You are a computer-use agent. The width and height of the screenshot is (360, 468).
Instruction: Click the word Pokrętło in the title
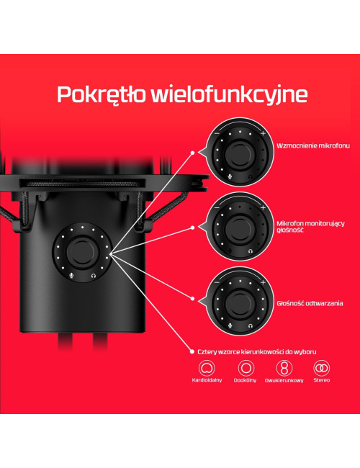click(x=102, y=95)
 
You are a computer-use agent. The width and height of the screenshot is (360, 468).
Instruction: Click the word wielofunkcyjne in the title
click(x=229, y=95)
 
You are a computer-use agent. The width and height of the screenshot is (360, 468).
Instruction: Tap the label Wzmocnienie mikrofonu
click(x=312, y=145)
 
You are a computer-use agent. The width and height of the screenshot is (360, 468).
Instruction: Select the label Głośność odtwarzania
click(x=310, y=303)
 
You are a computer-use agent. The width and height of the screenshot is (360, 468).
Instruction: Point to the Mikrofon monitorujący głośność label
click(x=310, y=227)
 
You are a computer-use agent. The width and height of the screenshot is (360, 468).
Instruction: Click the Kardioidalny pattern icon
click(x=207, y=368)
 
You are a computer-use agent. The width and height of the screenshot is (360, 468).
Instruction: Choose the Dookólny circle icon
click(x=246, y=368)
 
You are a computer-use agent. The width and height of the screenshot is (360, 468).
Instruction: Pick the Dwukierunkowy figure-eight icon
click(x=284, y=368)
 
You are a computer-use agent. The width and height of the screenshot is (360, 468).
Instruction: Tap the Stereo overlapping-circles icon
click(x=322, y=368)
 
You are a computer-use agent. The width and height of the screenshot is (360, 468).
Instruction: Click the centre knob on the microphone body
click(x=81, y=252)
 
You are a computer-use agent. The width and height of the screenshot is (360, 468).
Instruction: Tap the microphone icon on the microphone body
click(x=71, y=276)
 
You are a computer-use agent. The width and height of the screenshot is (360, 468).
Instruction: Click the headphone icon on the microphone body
click(x=94, y=276)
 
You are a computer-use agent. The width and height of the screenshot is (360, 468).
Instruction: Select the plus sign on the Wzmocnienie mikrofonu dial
click(x=263, y=133)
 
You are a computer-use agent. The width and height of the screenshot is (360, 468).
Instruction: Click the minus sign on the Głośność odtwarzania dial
click(x=217, y=282)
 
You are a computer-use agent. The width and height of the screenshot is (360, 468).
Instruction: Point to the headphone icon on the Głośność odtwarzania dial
click(x=251, y=325)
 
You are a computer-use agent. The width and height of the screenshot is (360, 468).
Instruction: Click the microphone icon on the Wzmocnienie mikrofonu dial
click(x=230, y=176)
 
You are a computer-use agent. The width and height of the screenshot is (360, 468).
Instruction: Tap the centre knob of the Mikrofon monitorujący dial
click(x=240, y=229)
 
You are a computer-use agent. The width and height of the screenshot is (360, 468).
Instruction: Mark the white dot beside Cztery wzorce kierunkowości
click(x=192, y=351)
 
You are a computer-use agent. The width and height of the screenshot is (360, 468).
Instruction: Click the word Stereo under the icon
click(x=322, y=380)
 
